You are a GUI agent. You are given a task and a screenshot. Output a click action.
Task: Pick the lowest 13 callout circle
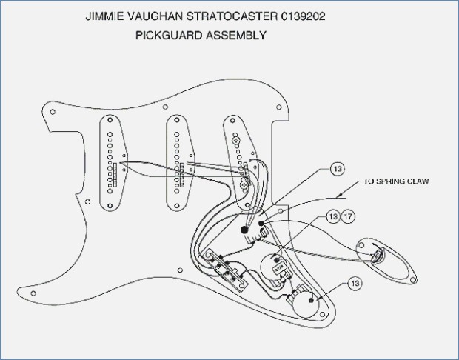click(356, 284)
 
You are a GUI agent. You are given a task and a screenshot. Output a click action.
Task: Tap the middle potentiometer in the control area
click(278, 265)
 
